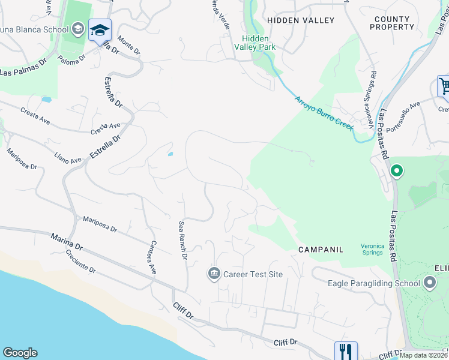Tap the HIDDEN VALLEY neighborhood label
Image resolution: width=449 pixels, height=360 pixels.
[x=301, y=20]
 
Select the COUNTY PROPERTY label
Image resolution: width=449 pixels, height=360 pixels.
[x=394, y=23]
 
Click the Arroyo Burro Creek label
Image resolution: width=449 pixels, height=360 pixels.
[x=324, y=112]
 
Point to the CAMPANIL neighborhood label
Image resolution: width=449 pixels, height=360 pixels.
[x=321, y=248]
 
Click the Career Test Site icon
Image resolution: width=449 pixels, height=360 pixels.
[x=214, y=274]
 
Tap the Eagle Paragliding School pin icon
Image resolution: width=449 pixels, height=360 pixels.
[x=430, y=283]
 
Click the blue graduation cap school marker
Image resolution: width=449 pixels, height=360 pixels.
[x=100, y=29]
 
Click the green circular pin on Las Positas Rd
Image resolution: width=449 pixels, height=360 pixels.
[x=396, y=172]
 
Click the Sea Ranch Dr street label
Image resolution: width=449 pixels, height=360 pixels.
[x=183, y=241]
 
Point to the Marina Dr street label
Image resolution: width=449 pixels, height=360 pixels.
[x=67, y=243]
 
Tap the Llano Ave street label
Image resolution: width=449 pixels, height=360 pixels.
[x=68, y=157]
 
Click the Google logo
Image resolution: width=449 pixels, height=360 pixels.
[x=20, y=353]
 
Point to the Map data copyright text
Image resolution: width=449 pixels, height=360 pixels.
[x=423, y=355]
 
